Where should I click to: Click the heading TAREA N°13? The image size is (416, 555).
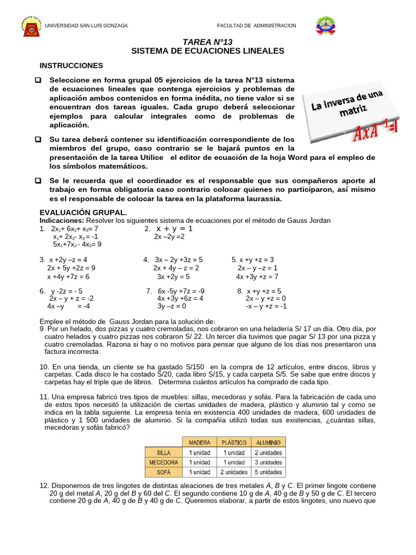[207, 42]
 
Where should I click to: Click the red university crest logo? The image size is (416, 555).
[31, 26]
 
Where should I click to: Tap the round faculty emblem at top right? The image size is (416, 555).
[327, 25]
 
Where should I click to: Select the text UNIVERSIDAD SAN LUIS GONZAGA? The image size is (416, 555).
[86, 25]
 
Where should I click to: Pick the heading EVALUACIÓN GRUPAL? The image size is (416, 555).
[83, 212]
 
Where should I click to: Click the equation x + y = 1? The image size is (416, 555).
[174, 229]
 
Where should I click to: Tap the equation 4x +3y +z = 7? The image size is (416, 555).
[257, 276]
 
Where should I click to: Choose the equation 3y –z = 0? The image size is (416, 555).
[172, 306]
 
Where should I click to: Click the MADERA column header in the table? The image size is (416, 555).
[199, 442]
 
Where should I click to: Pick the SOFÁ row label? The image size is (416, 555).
[164, 472]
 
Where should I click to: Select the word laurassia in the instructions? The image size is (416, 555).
[264, 199]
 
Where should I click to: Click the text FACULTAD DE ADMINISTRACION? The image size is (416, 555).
[256, 25]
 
